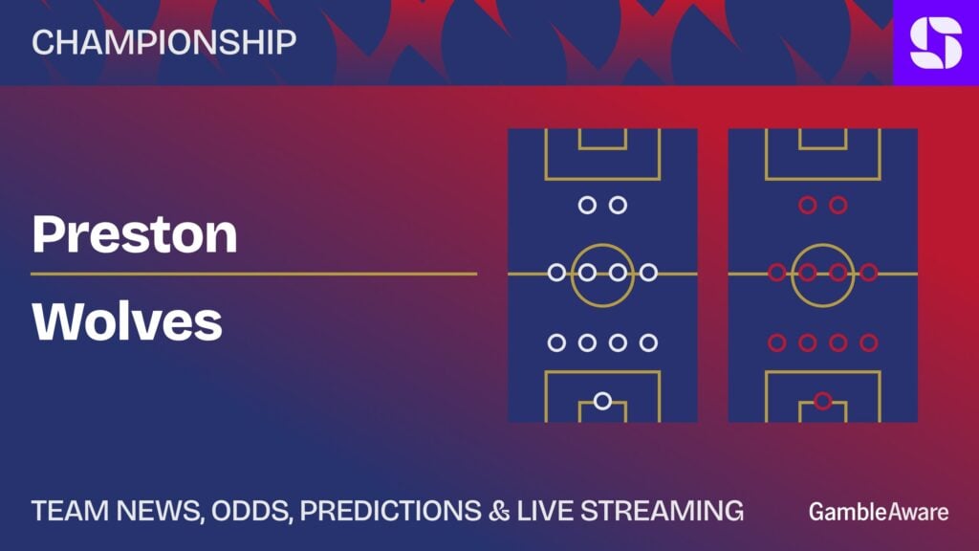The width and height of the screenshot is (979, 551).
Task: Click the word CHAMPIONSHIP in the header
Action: [163, 42]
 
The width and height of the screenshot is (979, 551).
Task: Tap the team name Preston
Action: [134, 234]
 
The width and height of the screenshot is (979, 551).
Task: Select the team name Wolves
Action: [127, 321]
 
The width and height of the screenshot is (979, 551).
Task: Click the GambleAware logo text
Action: [879, 512]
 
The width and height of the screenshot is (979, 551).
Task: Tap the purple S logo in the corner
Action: [936, 42]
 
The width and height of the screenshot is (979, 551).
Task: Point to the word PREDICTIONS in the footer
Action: [390, 511]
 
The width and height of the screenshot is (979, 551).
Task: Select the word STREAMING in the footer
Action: [663, 511]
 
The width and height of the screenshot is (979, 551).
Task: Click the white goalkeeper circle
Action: [602, 401]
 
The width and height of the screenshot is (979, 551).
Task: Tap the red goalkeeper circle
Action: [823, 401]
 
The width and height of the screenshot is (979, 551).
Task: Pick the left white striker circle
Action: [587, 205]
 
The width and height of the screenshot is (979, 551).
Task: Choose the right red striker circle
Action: [838, 205]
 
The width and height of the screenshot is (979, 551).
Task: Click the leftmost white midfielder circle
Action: [556, 273]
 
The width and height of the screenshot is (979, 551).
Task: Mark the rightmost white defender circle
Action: [649, 342]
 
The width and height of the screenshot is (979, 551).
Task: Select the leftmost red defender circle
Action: [776, 342]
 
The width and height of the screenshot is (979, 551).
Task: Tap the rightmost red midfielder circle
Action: [869, 273]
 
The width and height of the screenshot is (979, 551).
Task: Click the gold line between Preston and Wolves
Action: [254, 274]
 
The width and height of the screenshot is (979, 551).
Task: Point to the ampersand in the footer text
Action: [499, 511]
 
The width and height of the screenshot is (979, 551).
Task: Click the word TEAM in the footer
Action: [70, 511]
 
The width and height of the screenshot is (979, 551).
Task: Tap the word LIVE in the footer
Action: [545, 511]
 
